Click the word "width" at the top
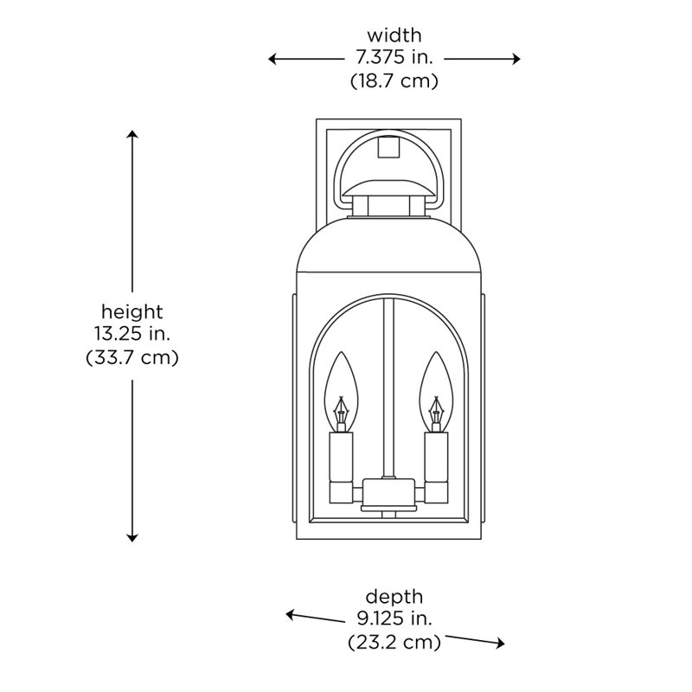[x=394, y=35]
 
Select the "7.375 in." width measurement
[x=394, y=59]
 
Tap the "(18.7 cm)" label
[x=394, y=81]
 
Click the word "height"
[x=131, y=311]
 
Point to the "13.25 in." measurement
[x=131, y=333]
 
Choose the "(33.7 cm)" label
[x=131, y=356]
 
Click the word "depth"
[x=394, y=596]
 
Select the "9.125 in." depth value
[x=394, y=618]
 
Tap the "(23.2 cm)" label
[x=394, y=642]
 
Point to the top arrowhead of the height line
[x=132, y=136]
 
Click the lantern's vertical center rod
[x=389, y=389]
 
